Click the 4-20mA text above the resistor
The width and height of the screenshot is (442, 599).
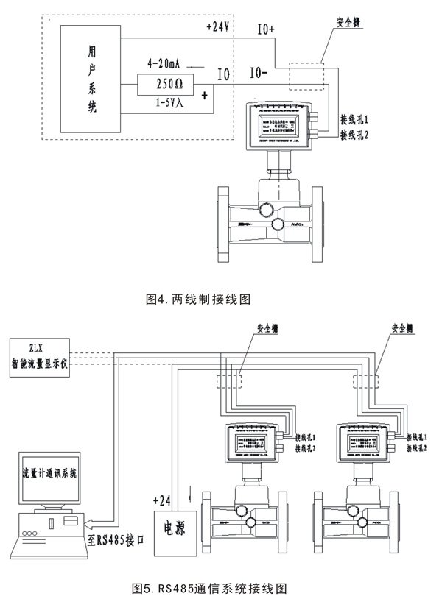[x=165, y=64]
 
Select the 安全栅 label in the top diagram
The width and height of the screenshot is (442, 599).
[x=338, y=32]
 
